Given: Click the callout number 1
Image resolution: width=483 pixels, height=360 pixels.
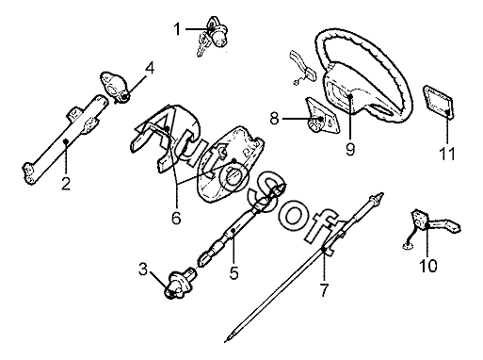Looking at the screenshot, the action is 177,29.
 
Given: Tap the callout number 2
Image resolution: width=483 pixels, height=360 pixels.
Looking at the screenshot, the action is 66,184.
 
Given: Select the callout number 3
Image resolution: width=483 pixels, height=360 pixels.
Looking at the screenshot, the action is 143,270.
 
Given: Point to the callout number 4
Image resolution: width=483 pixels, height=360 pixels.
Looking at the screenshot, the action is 151,68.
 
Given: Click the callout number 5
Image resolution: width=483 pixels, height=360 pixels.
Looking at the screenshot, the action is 234,272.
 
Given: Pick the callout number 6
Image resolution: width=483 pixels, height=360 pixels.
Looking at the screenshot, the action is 176,218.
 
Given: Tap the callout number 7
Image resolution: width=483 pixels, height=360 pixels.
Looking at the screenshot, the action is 324,289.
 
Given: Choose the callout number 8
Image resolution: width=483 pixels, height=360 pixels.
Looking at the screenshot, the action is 275,119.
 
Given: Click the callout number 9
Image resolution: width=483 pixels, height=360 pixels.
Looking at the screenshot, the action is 350,149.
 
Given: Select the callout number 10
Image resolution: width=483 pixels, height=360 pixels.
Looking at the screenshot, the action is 428,266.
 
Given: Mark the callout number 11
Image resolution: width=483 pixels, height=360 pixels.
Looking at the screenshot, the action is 447,154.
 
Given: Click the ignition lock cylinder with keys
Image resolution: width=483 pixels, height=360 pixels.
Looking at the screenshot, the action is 213,36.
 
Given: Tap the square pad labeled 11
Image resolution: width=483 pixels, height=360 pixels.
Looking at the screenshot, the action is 438,102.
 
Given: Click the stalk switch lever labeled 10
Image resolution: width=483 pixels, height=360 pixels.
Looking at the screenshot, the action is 432,227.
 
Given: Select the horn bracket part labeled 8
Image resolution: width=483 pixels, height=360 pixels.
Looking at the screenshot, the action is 322,115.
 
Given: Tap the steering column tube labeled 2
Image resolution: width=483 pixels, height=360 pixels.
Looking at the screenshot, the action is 65,139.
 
